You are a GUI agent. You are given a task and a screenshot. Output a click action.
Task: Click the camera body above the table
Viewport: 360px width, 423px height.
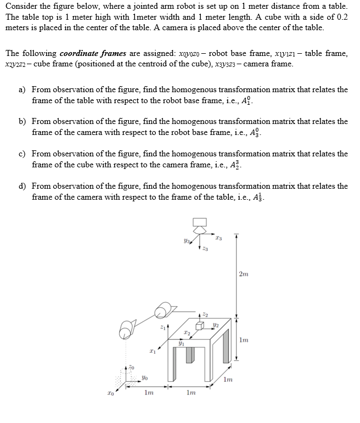pyautogui.click(x=199, y=222)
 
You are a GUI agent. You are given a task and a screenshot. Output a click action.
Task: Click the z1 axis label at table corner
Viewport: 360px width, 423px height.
pyautogui.click(x=161, y=328)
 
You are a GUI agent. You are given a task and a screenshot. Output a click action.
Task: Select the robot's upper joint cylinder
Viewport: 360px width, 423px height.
pyautogui.click(x=163, y=312)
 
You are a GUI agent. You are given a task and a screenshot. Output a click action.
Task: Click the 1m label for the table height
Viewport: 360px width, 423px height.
pyautogui.click(x=244, y=340)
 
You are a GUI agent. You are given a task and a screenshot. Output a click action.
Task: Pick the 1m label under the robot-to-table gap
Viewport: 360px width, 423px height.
pyautogui.click(x=148, y=392)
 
